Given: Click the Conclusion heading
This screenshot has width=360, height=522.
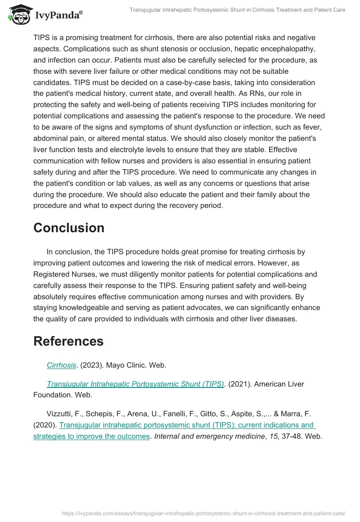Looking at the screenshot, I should pos(69,228).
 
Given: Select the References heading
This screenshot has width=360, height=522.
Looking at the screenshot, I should pos(68,341).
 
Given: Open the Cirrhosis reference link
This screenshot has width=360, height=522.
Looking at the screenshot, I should pos(61,365).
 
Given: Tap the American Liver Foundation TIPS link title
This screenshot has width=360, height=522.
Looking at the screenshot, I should pos(135,384).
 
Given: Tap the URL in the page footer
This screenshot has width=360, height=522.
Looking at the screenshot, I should pos(203,513).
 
